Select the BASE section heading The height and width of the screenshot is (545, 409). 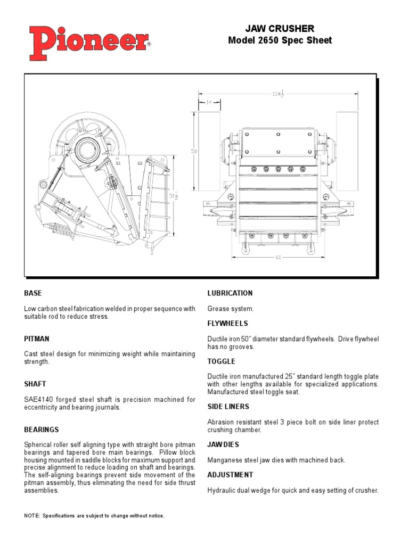pos(33,293)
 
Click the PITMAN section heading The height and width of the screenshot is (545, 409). pos(37,338)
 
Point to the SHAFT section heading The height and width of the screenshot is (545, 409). pos(35,384)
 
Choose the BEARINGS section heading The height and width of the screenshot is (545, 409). pos(42,430)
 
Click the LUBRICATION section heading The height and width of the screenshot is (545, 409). pos(230,293)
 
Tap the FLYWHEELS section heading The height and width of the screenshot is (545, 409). pos(227,324)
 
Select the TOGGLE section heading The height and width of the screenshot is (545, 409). pos(221,361)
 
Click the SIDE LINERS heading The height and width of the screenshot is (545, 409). pos(228,407)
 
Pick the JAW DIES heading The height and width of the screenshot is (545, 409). pos(223,444)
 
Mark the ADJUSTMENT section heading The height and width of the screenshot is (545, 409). pos(230,475)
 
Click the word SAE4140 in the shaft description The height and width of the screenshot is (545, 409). pos(37,400)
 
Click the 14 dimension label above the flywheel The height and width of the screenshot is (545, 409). pos(208,103)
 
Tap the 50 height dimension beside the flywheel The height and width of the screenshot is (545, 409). pos(194,151)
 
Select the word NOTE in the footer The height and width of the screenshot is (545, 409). pos(32,516)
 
